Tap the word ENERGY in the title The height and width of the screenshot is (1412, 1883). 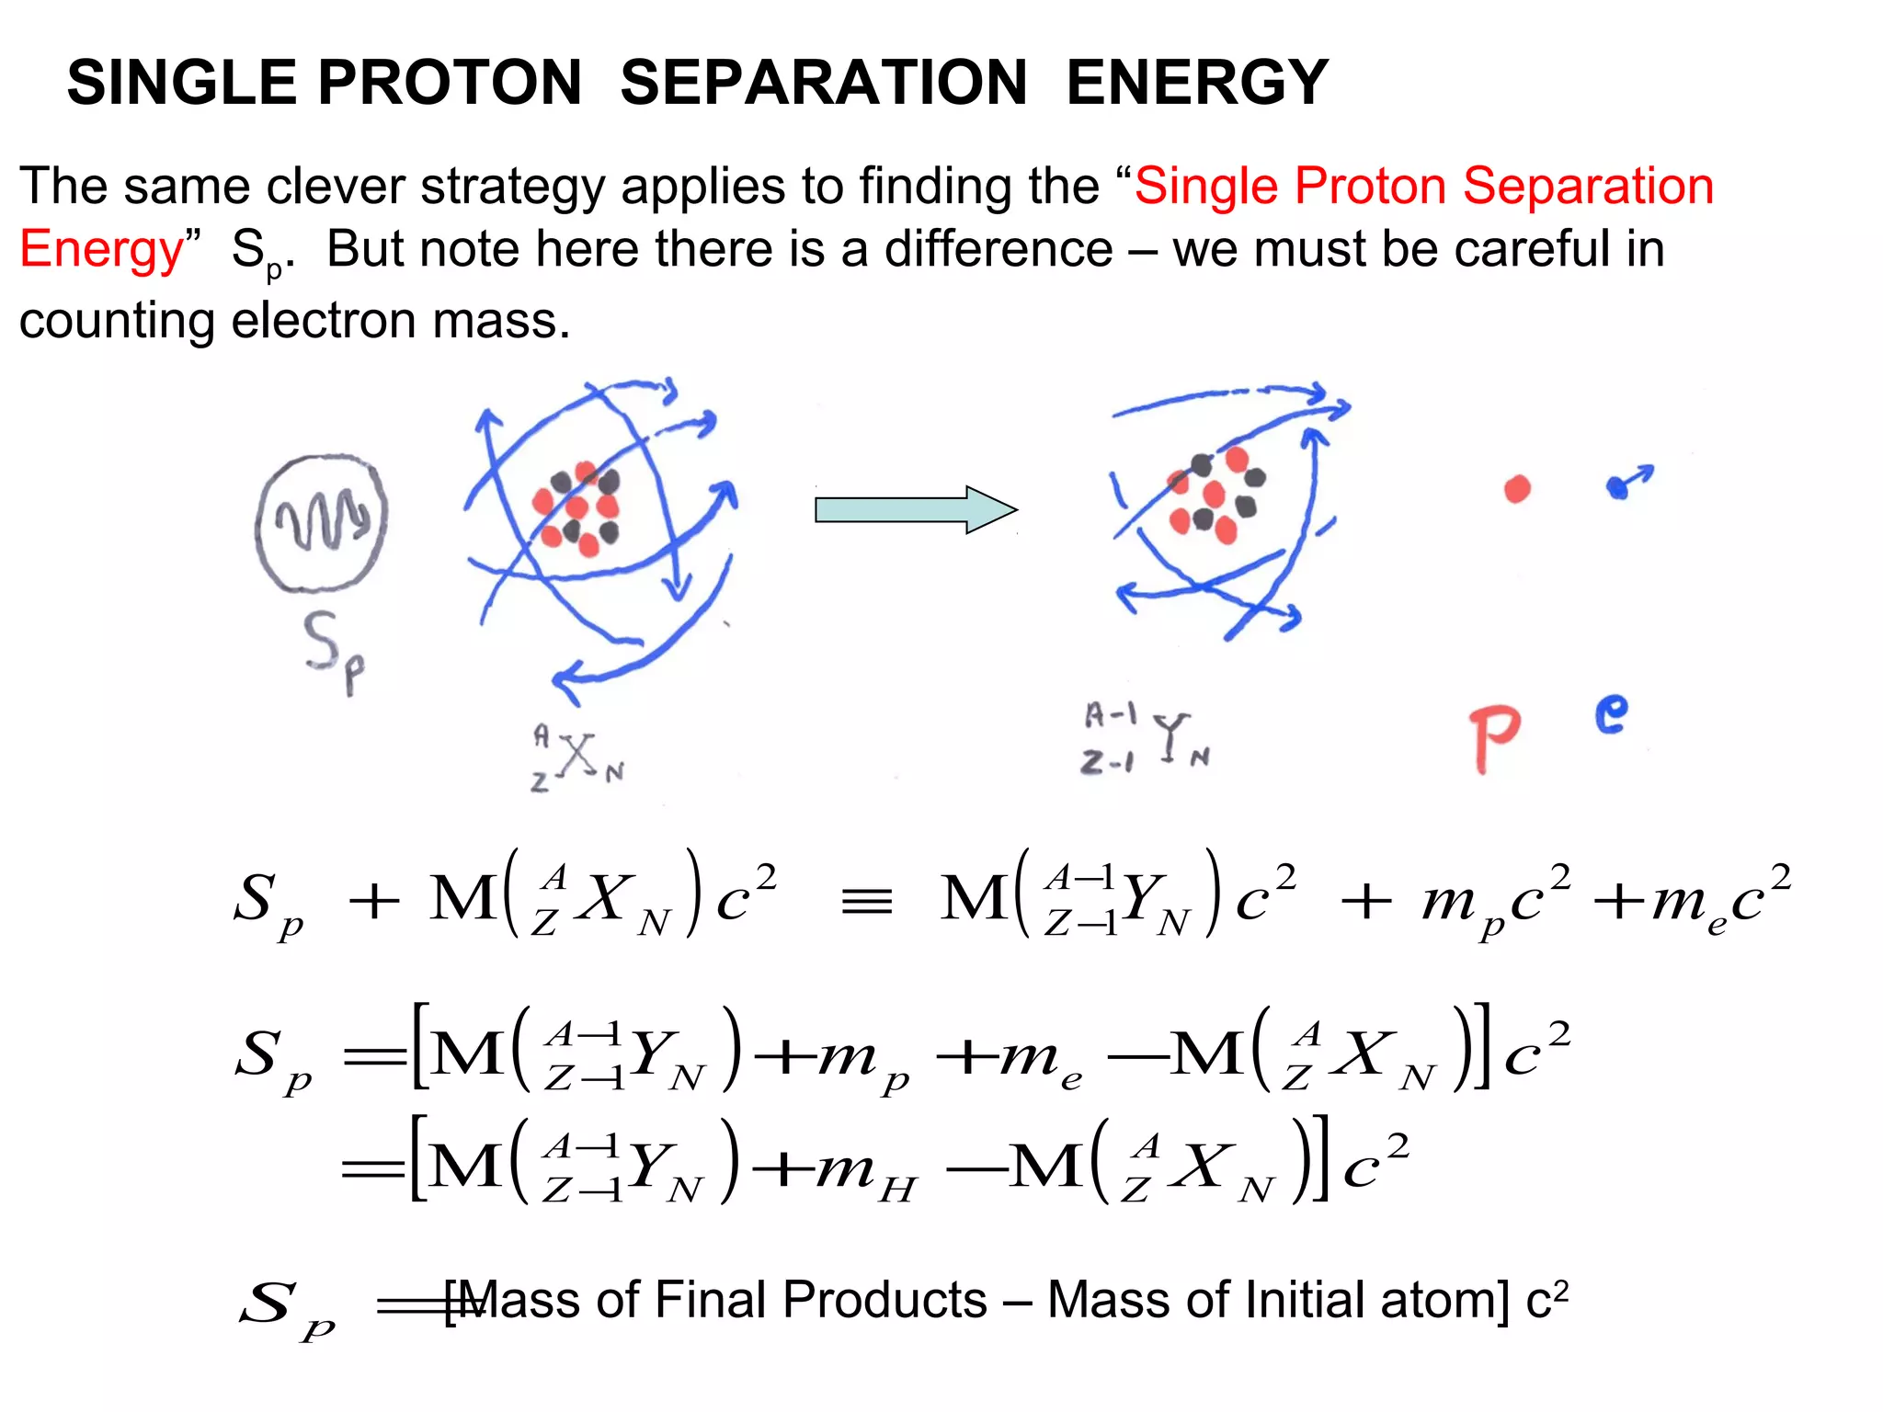point(1197,83)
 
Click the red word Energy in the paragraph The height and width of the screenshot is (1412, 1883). point(102,250)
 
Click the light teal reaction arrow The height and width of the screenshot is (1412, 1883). point(915,509)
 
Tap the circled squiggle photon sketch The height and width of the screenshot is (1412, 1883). point(321,523)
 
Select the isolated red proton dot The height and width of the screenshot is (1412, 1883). point(1517,489)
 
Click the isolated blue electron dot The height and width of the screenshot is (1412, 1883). point(1619,486)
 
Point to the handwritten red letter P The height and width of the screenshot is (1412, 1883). point(1493,738)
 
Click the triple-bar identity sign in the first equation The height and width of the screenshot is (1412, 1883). point(866,901)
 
